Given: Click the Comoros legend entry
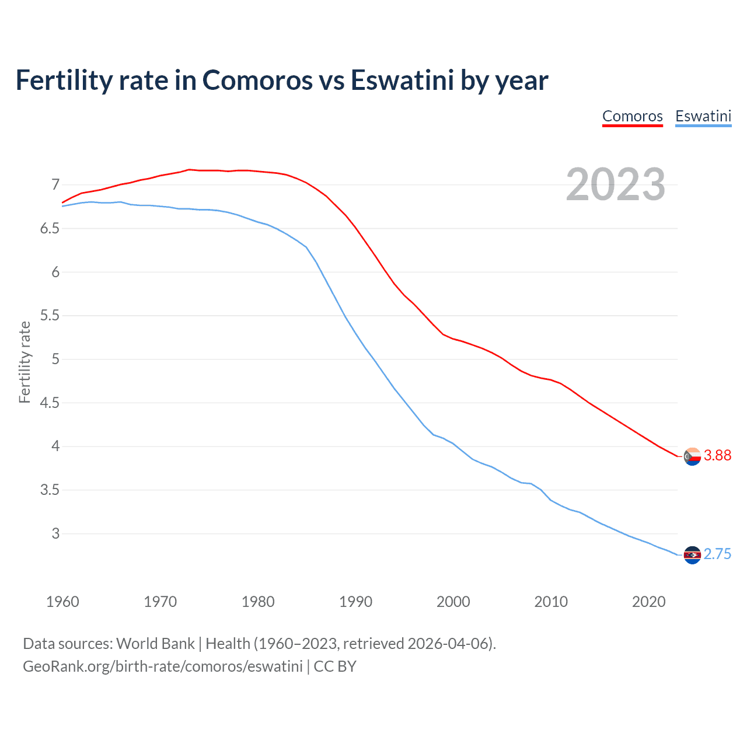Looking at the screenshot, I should (x=632, y=116).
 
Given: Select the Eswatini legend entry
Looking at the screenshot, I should (x=703, y=116).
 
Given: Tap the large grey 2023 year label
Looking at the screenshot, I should (x=616, y=184).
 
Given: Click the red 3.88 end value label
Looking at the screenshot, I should (x=717, y=455).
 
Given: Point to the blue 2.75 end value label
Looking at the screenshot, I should (x=717, y=554).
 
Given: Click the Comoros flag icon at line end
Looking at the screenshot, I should (x=692, y=456).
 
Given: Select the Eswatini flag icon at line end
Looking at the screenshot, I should (x=692, y=555).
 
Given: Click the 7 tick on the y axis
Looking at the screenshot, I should (x=55, y=185).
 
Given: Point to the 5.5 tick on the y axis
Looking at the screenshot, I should (x=50, y=316).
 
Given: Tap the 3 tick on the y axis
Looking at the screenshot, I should (x=55, y=533).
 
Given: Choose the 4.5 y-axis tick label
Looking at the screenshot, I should (x=50, y=403).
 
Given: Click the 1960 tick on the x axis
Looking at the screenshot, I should (x=62, y=602).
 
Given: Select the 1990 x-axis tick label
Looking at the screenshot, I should (x=355, y=602).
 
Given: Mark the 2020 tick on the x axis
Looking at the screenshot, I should (x=648, y=602).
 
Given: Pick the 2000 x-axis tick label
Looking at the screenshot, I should (x=453, y=602).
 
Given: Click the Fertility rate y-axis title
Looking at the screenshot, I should (x=25, y=362).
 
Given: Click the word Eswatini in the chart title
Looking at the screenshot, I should (x=402, y=81).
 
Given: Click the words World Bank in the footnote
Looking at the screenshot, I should (x=155, y=644).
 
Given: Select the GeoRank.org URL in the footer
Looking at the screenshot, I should (x=163, y=666).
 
